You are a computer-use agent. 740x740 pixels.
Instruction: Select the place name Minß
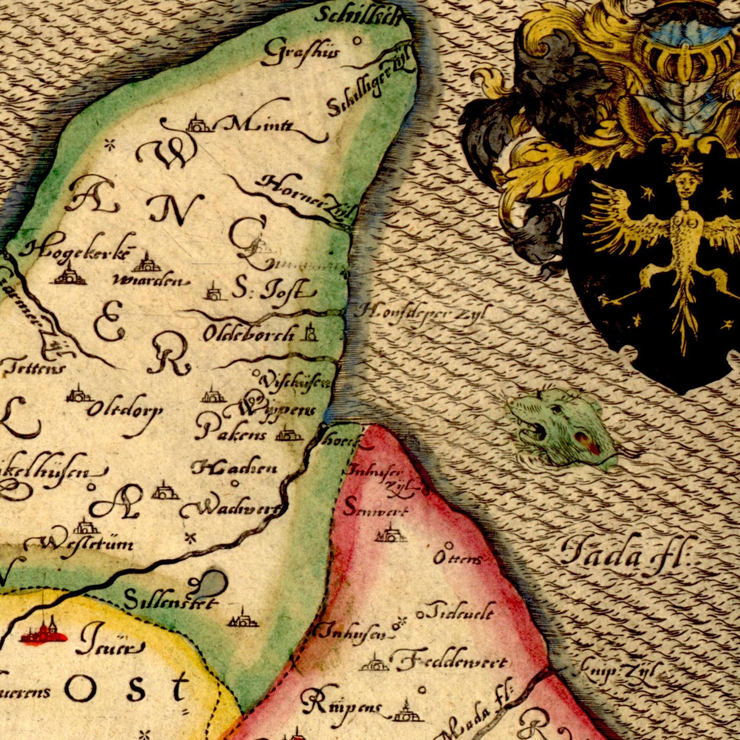point(259,124)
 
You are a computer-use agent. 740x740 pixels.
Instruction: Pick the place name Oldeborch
point(249,334)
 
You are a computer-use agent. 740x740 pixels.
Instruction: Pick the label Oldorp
point(125,410)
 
